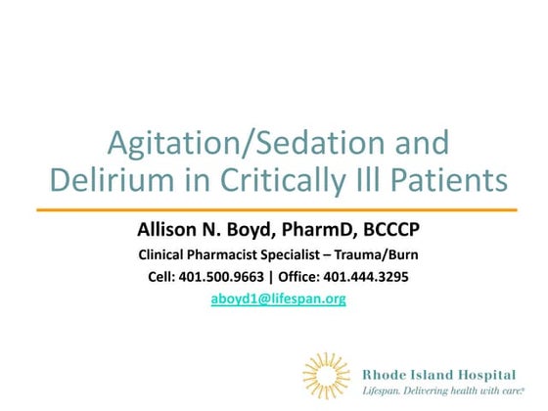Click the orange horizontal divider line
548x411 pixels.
pos(277,209)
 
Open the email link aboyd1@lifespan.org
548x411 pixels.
pos(279,299)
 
